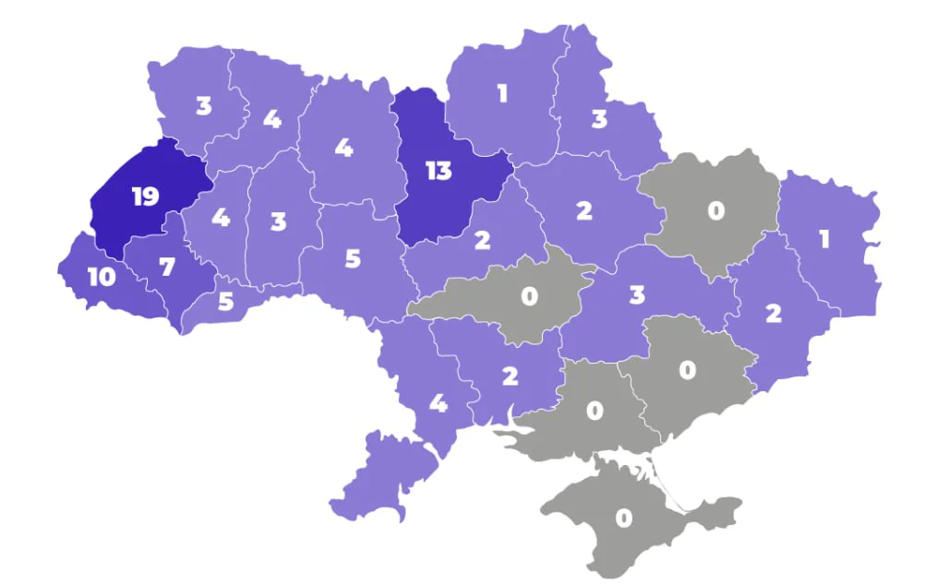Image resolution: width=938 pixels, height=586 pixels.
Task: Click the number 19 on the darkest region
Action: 145,197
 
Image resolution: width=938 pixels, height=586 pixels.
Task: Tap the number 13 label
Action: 438,171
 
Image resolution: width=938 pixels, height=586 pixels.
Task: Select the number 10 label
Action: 102,277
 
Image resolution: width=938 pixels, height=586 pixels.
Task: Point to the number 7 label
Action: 166,268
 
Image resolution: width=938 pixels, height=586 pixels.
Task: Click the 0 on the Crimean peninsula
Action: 623,519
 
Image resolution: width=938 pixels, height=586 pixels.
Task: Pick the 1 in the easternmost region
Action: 824,240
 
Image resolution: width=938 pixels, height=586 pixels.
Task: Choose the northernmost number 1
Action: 502,93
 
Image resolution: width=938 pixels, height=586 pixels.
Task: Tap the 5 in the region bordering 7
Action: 226,302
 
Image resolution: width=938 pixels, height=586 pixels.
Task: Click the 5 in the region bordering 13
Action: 352,258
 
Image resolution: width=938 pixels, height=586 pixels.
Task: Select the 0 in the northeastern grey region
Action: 716,211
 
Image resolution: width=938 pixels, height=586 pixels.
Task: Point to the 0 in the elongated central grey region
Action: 529,297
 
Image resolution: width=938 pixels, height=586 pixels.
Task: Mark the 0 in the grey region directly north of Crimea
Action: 595,410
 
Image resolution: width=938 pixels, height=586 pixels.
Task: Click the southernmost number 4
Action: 439,403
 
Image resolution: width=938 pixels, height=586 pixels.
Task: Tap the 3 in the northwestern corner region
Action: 203,106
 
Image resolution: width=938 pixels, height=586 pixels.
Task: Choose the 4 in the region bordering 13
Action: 343,148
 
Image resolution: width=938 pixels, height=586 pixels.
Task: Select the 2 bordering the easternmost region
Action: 774,314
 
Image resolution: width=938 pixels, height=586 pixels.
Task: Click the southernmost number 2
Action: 510,376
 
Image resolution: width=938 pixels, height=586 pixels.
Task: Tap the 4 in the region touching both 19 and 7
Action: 220,219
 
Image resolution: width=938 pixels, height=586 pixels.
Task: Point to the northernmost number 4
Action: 271,119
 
